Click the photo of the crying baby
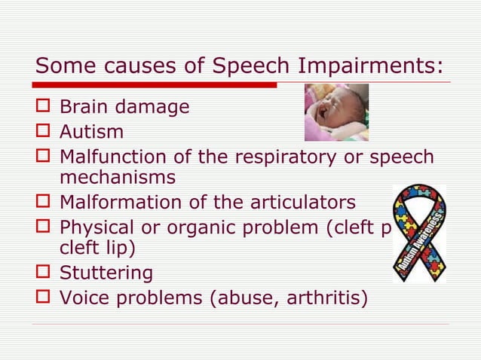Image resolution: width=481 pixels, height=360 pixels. tap(336, 112)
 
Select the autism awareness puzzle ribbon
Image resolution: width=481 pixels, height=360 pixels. tap(419, 233)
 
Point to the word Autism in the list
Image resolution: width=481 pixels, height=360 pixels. tap(91, 133)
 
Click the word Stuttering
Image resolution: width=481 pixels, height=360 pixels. tap(106, 273)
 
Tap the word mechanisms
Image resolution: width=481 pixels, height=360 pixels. tap(117, 178)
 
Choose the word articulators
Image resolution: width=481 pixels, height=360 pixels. tap(300, 203)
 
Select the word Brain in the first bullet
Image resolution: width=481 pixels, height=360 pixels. tap(82, 108)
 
